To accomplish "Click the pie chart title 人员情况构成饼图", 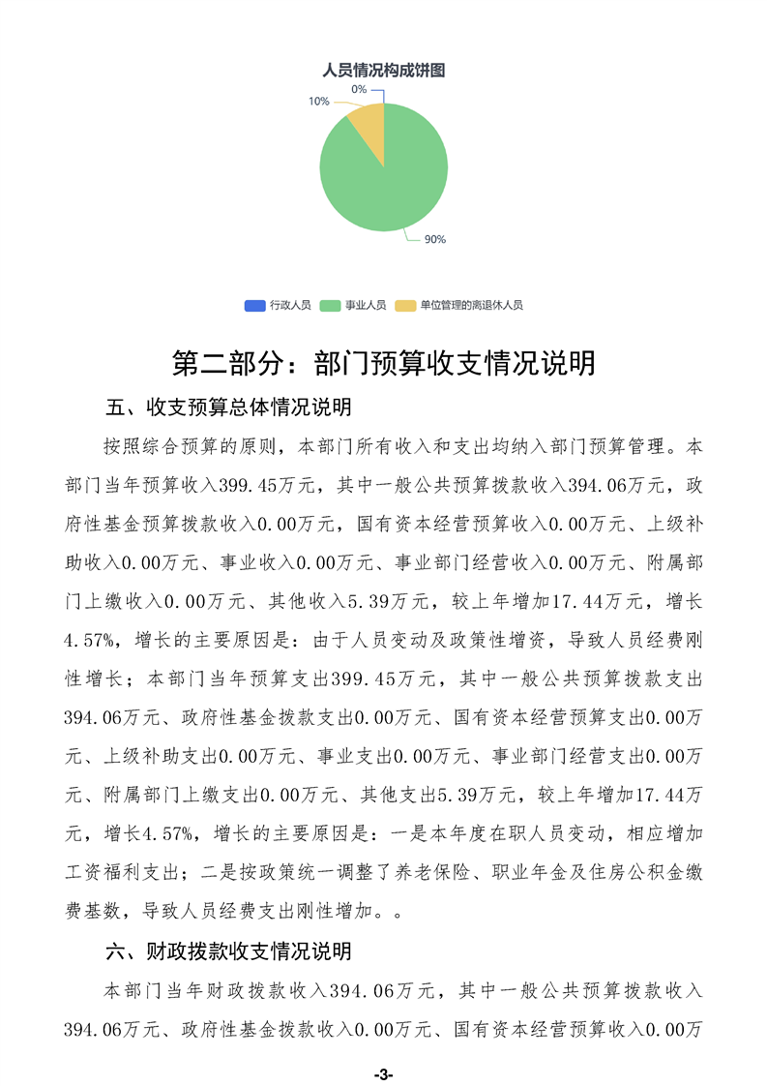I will click(x=383, y=71).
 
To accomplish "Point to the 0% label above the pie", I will click(x=359, y=89).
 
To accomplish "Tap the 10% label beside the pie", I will click(x=318, y=101).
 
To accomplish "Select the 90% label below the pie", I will click(x=435, y=239).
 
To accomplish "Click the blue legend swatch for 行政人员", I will click(x=254, y=305).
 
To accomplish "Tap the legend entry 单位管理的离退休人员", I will click(x=471, y=305).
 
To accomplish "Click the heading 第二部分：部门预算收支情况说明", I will click(x=383, y=363).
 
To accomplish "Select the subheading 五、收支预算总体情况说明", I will click(x=227, y=406).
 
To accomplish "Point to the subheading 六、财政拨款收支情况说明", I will click(x=227, y=951).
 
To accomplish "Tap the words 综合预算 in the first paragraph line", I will click(x=202, y=447).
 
